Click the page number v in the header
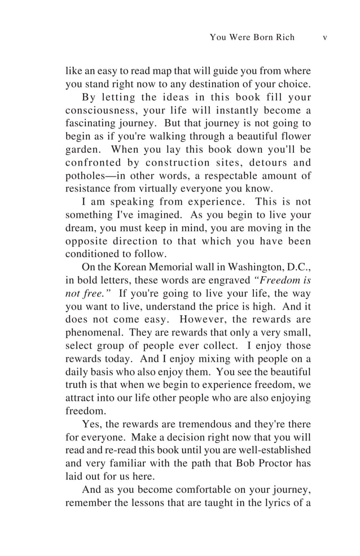click(x=325, y=37)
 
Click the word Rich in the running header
click(x=286, y=37)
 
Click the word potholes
click(x=86, y=176)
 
